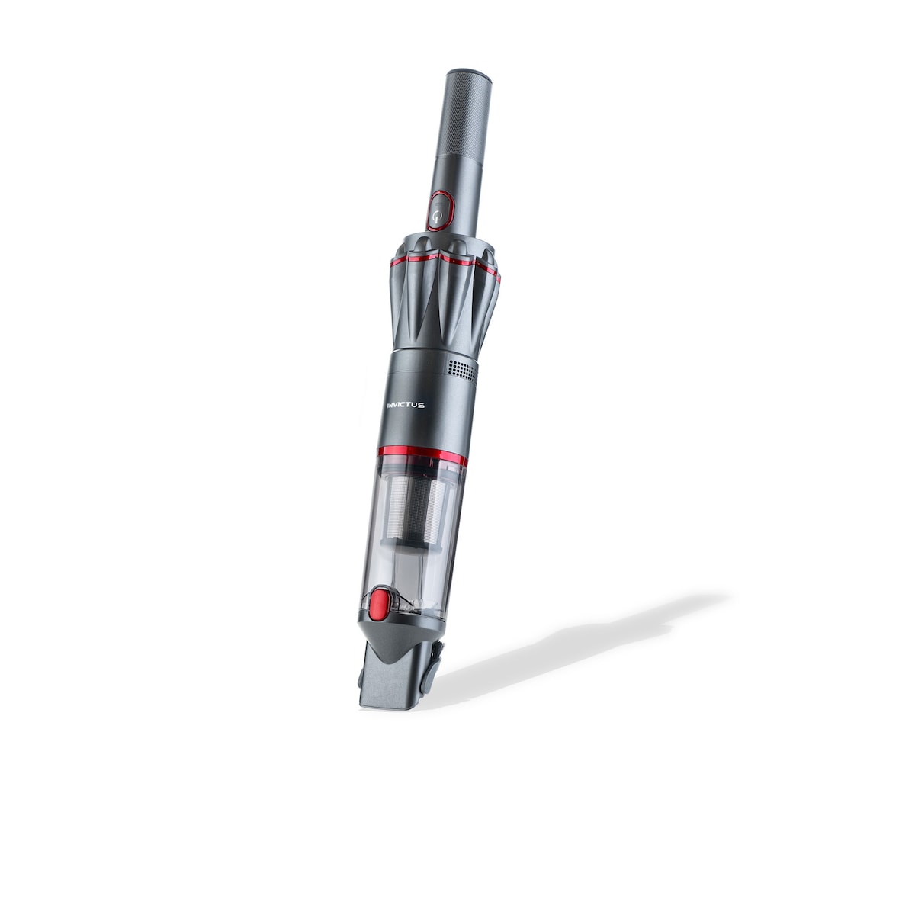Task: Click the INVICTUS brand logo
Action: [405, 405]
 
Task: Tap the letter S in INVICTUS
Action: [422, 405]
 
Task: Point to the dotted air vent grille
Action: [461, 370]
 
